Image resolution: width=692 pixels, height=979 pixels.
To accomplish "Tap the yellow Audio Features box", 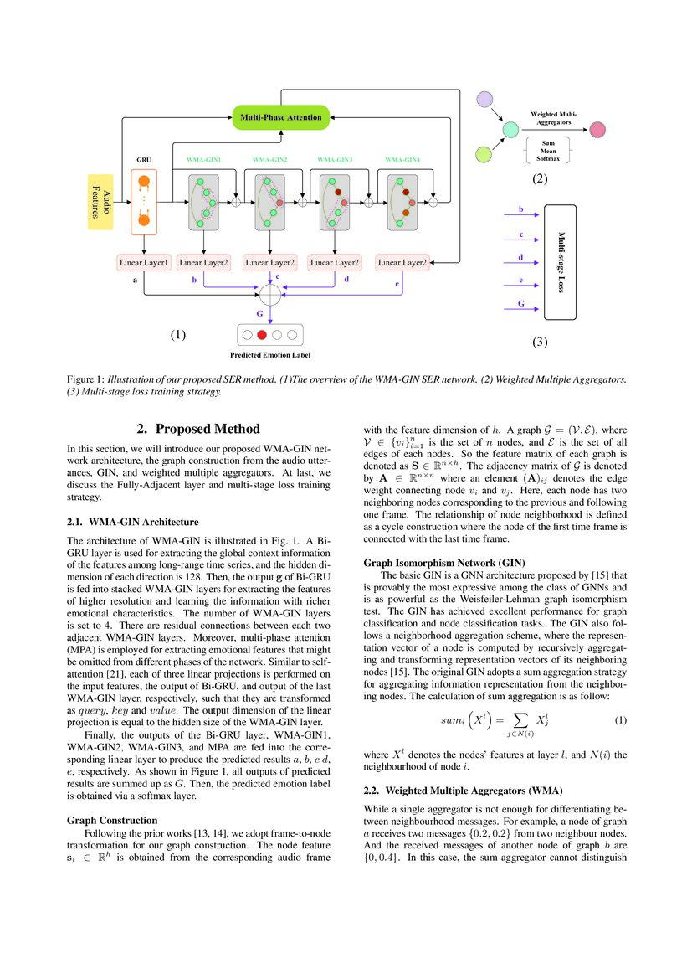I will [x=100, y=202].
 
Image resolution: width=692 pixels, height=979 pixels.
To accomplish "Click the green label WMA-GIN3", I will [x=335, y=158].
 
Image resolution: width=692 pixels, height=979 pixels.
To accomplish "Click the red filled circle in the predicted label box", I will [x=261, y=335].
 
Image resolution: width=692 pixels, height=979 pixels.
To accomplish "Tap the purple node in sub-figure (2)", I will [x=484, y=101].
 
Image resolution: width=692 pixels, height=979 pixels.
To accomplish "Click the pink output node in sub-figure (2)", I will [x=597, y=130].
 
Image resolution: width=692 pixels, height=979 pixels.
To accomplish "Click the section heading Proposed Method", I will [x=198, y=429].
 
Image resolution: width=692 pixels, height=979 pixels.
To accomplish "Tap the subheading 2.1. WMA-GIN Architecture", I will [x=132, y=522].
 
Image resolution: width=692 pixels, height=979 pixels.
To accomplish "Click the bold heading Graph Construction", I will [x=111, y=819].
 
